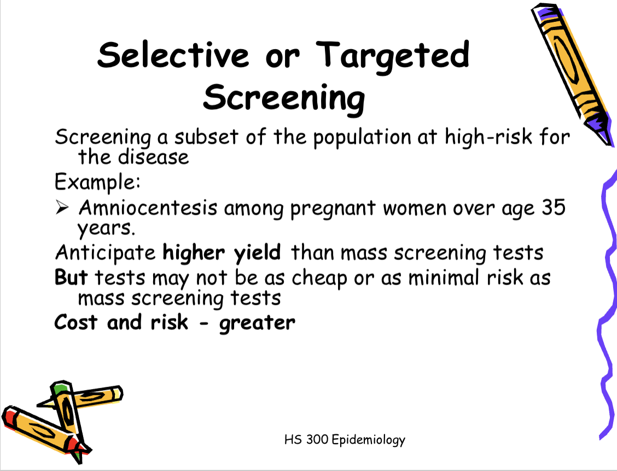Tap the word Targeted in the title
coord(393,55)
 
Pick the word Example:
coord(98,180)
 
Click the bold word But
coord(71,277)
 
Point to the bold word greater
coord(257,323)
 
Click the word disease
coord(153,157)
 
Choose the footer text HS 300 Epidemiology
coord(345,439)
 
